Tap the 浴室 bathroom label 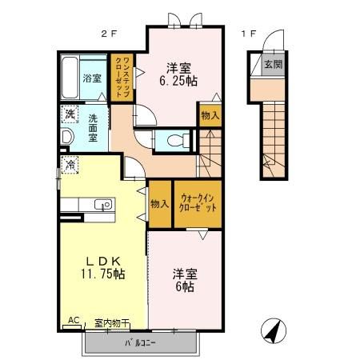[92, 78]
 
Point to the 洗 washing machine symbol [70, 114]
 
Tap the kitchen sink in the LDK [102, 205]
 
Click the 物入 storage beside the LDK [159, 203]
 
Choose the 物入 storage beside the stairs [210, 116]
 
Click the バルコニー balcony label [139, 343]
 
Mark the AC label [74, 320]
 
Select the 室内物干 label [111, 322]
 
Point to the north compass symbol [272, 331]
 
